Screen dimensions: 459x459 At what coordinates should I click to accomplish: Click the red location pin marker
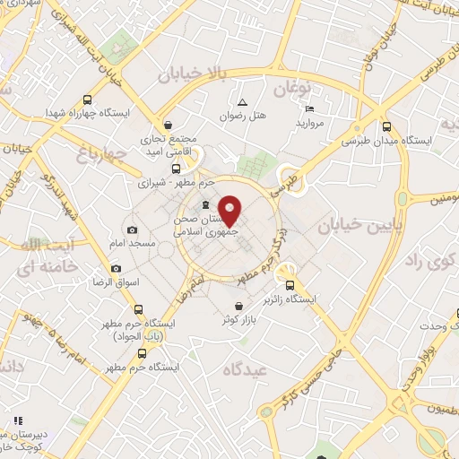point(230,210)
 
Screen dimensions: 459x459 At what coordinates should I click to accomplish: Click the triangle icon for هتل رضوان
point(242,100)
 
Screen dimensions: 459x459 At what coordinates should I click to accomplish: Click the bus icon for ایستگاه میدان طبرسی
point(386,126)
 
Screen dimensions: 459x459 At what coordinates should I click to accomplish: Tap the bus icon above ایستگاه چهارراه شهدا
point(87,100)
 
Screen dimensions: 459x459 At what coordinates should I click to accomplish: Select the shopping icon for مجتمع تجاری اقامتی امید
point(169,125)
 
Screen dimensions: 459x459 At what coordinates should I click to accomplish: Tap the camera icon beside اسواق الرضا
point(116,269)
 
